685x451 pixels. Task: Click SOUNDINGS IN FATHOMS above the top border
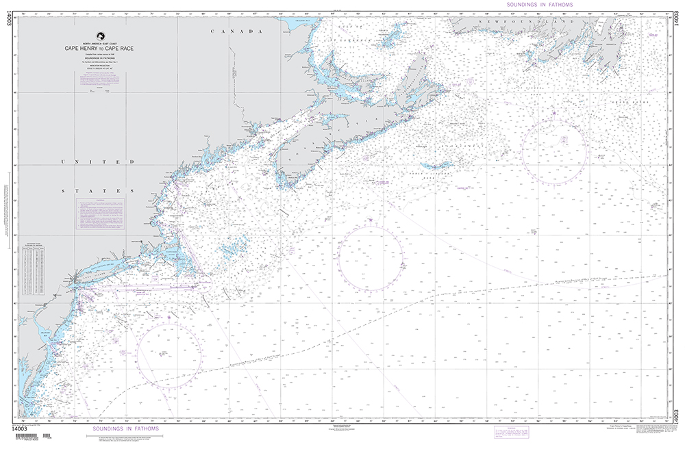539,4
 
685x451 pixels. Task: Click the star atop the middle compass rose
371,220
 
